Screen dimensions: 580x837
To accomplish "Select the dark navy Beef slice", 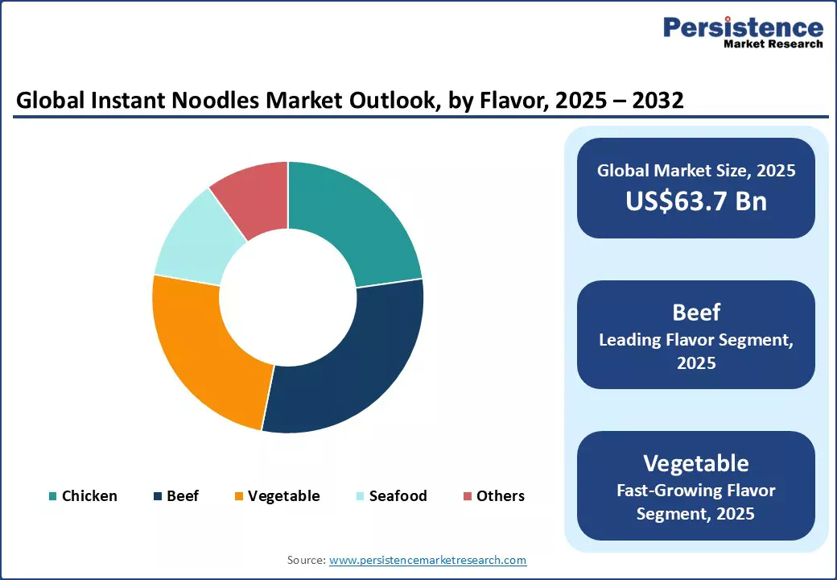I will click(x=354, y=362).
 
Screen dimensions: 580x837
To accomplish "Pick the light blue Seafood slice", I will click(x=193, y=238).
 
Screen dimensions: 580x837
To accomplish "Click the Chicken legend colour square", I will click(x=53, y=496).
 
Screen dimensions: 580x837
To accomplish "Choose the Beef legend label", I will click(x=183, y=496).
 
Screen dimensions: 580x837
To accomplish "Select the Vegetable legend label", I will click(x=283, y=496).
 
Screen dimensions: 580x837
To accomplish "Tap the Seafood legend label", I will click(x=398, y=496).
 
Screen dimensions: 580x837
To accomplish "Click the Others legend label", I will click(x=500, y=496).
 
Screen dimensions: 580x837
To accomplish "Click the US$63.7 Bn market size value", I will click(x=696, y=201).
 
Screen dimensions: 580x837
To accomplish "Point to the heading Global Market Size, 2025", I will click(x=696, y=171).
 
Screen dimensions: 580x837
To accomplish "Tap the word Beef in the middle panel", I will click(x=696, y=312).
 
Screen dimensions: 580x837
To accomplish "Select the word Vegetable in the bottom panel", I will click(x=696, y=463).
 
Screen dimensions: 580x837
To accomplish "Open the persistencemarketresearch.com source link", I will click(x=427, y=560).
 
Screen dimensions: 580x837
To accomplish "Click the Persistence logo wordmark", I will click(x=743, y=27).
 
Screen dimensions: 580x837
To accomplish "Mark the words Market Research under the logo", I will click(x=773, y=44).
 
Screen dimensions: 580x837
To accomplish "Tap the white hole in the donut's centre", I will click(x=287, y=296).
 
